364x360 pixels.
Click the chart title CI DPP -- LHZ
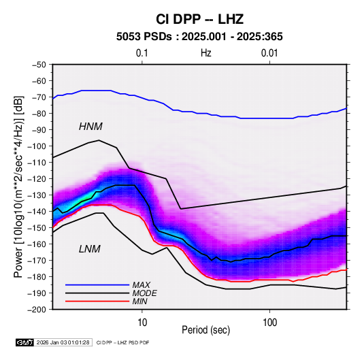click(x=199, y=19)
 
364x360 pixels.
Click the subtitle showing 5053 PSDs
click(x=199, y=37)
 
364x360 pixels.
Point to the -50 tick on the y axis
click(x=39, y=65)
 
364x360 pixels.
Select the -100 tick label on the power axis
click(x=37, y=146)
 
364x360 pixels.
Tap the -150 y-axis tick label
click(x=37, y=228)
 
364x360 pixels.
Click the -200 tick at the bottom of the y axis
click(x=37, y=310)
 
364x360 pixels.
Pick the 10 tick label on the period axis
click(x=142, y=323)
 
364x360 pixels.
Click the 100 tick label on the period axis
click(x=269, y=323)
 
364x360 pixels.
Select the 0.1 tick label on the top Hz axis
click(x=142, y=53)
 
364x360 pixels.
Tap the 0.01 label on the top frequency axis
click(x=269, y=53)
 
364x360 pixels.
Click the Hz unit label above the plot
click(x=206, y=53)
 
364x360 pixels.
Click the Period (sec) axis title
click(x=206, y=330)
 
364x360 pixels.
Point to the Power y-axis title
click(x=18, y=186)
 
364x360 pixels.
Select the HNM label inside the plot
click(x=90, y=127)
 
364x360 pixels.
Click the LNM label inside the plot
click(x=90, y=249)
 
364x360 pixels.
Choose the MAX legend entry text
click(x=141, y=285)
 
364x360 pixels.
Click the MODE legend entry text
click(x=145, y=293)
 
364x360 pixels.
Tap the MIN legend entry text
click(x=139, y=301)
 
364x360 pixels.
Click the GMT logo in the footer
click(x=24, y=342)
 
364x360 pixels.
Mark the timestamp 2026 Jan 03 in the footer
click(x=63, y=342)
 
